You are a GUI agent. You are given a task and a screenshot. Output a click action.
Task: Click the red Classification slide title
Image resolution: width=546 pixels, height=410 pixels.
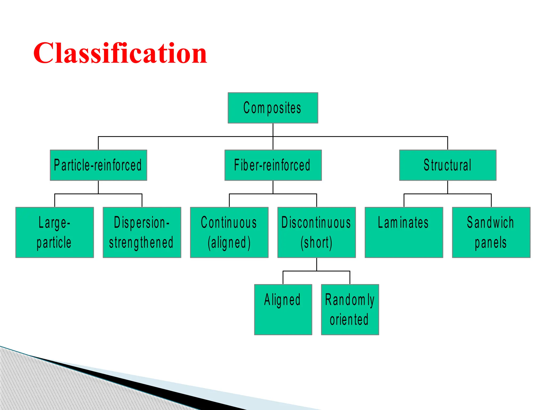[x=120, y=53]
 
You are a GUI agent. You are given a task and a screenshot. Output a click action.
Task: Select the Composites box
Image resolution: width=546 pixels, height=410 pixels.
[x=273, y=108]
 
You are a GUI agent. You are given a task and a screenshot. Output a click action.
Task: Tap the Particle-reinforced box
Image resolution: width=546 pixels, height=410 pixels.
[x=98, y=165]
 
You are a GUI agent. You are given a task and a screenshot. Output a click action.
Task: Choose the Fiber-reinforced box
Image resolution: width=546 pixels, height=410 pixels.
[x=273, y=165]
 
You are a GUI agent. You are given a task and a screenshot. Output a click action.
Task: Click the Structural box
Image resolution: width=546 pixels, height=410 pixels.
[x=448, y=165]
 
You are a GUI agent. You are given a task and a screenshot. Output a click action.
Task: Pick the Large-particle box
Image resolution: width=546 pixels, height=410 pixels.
[x=55, y=232]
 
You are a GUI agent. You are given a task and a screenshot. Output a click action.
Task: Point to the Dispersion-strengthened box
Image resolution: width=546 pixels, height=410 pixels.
[x=142, y=232]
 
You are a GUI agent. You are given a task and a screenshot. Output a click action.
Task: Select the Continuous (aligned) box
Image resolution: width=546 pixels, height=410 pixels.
[x=229, y=232]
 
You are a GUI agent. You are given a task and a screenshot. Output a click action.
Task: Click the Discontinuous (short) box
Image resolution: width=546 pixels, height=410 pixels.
[x=316, y=232]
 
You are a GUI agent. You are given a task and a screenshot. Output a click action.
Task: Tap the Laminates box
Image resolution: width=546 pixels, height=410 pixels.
[x=404, y=232]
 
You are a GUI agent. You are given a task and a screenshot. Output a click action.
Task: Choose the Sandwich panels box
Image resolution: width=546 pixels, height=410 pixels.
[x=491, y=232]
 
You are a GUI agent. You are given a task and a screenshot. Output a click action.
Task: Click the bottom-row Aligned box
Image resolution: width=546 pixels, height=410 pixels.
[x=283, y=309]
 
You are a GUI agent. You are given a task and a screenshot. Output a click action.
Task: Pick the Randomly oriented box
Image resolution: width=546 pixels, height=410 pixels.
[x=350, y=309]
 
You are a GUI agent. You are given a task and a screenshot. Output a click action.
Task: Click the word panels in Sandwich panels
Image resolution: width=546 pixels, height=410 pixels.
[x=491, y=243]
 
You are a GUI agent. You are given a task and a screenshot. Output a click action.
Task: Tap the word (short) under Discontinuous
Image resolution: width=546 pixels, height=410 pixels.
[x=316, y=243]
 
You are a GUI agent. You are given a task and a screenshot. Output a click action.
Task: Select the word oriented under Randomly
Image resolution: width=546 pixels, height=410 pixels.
[x=349, y=320]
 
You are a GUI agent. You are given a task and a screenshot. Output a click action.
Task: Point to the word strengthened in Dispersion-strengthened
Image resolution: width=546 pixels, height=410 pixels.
[x=141, y=243]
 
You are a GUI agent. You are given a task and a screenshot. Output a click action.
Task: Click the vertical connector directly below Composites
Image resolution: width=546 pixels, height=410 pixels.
[x=273, y=130]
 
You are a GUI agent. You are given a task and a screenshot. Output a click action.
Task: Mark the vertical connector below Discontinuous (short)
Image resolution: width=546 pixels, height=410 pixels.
[x=317, y=264]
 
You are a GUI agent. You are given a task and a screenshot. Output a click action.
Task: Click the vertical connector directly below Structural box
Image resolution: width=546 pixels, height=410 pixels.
[x=448, y=187]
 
